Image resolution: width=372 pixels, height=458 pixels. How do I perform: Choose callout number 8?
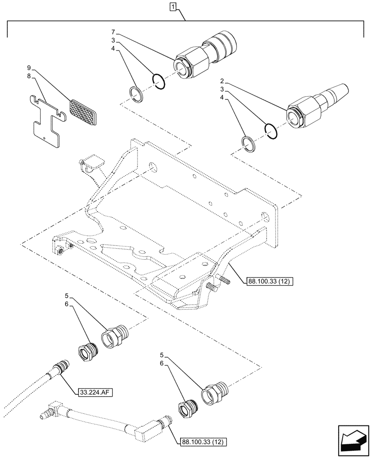click(29, 77)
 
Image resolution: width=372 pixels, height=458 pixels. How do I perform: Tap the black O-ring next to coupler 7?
click(159, 82)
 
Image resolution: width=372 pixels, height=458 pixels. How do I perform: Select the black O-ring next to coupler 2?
click(271, 131)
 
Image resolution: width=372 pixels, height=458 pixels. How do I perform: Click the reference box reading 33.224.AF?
click(95, 392)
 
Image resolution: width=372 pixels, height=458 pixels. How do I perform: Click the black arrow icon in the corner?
click(352, 435)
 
